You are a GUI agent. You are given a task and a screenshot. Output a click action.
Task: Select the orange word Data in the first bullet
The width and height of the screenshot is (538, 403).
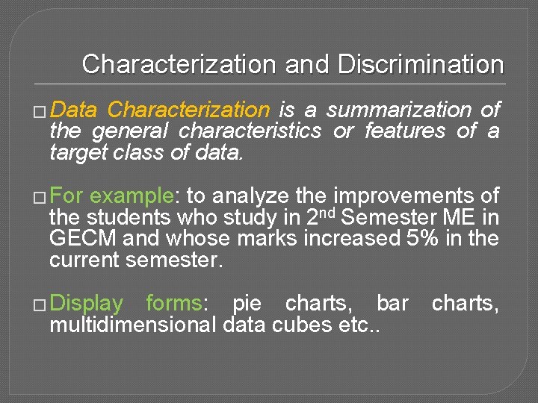(x=74, y=110)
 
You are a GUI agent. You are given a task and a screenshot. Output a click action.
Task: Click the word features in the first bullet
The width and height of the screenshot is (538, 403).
(x=405, y=131)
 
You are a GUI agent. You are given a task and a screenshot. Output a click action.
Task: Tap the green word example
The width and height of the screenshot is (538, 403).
(x=131, y=196)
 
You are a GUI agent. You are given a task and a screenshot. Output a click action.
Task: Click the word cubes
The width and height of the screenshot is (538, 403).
(x=320, y=325)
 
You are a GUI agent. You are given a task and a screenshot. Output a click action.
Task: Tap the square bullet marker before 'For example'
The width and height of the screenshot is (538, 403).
(x=39, y=198)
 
